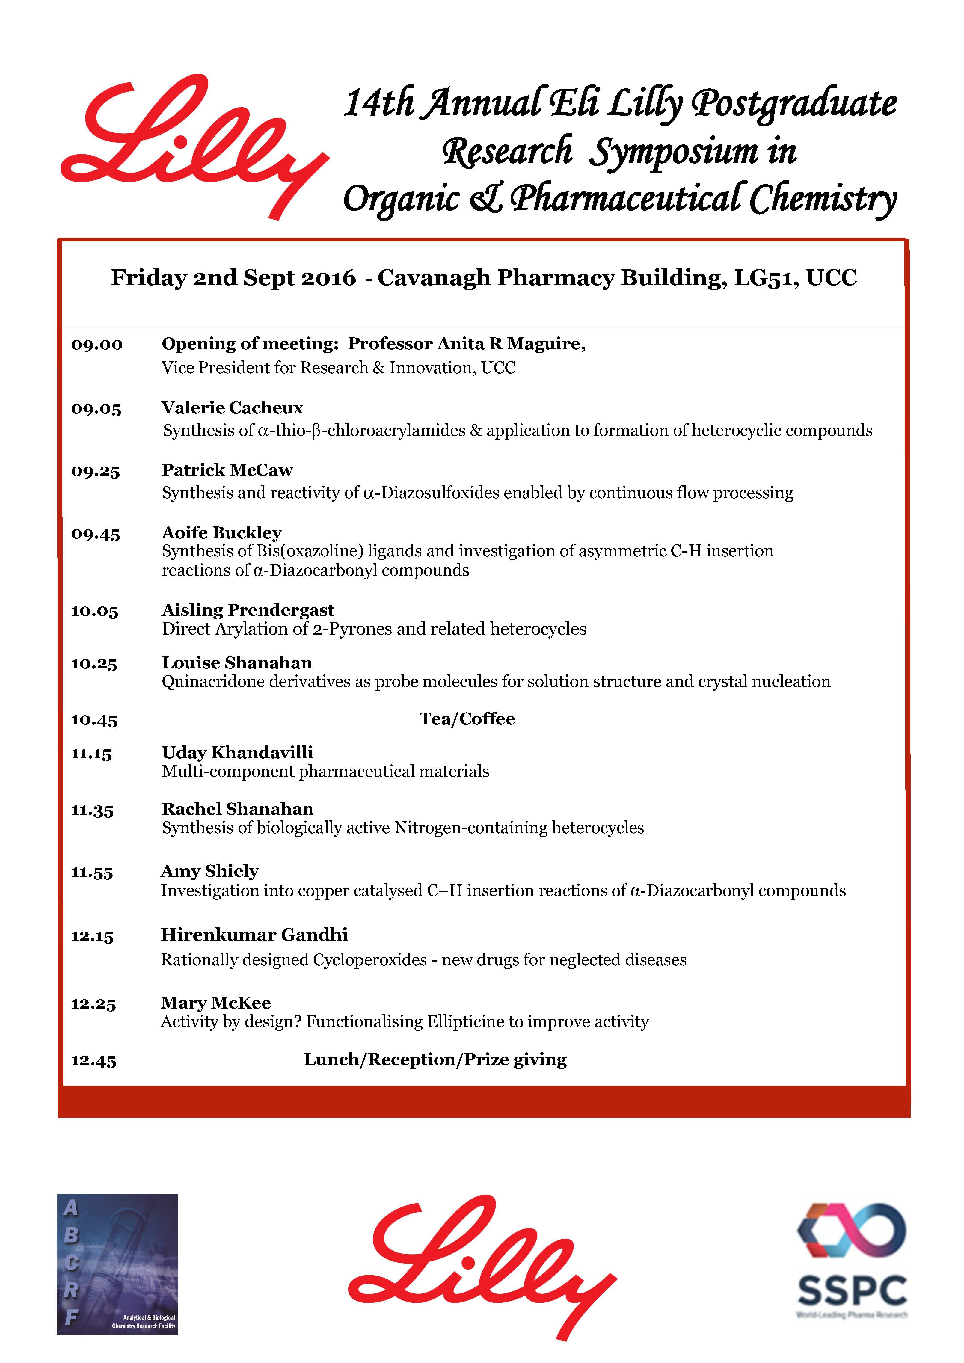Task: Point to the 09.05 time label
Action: [96, 409]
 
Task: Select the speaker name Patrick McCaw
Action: [227, 470]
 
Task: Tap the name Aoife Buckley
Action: [221, 532]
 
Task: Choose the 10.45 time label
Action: [94, 720]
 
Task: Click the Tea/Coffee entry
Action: [467, 719]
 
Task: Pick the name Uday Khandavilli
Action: [237, 753]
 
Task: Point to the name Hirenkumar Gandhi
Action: [254, 935]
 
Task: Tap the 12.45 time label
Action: [94, 1061]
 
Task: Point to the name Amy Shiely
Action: [209, 871]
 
